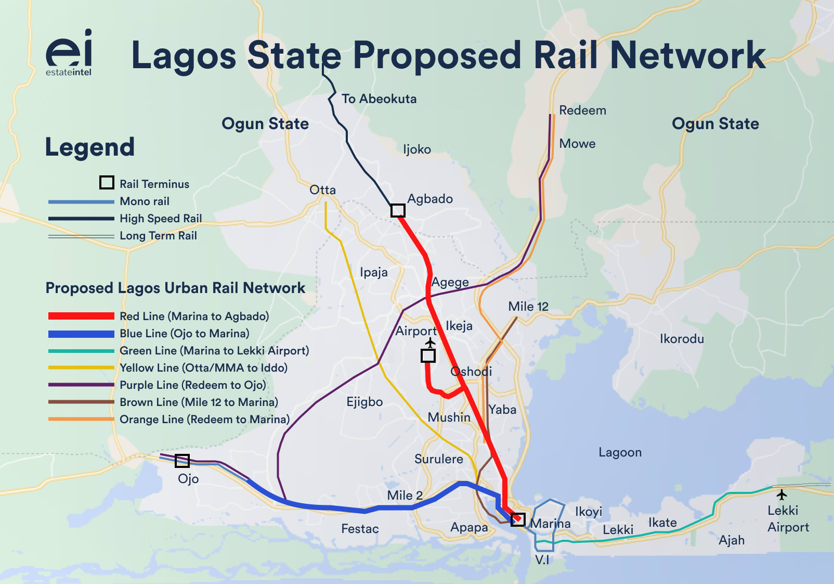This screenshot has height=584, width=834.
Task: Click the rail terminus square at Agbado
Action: click(398, 210)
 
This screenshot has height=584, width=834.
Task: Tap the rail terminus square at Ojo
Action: click(182, 461)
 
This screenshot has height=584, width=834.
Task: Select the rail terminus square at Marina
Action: click(517, 519)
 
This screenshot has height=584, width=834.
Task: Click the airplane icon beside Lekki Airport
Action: click(781, 493)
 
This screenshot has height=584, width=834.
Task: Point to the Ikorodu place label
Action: click(682, 339)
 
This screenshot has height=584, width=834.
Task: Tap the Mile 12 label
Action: click(528, 307)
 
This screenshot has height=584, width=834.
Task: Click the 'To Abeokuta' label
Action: click(379, 99)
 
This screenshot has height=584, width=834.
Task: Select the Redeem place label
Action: click(582, 110)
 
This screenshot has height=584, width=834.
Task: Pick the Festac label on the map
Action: click(360, 529)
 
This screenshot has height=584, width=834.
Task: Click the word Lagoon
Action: click(620, 452)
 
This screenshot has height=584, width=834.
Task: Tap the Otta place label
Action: click(322, 190)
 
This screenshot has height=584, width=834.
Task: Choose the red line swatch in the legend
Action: click(81, 316)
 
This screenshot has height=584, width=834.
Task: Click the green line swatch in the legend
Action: click(81, 351)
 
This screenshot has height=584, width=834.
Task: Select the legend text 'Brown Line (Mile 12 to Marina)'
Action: click(199, 402)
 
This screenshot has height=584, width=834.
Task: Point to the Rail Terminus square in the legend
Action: click(107, 183)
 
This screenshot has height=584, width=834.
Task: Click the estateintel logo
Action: click(69, 53)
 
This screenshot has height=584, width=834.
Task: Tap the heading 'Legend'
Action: click(90, 147)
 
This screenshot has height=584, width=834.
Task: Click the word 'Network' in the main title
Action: click(687, 55)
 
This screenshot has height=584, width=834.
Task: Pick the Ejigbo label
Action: click(364, 402)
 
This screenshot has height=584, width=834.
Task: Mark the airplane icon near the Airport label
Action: click(430, 342)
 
